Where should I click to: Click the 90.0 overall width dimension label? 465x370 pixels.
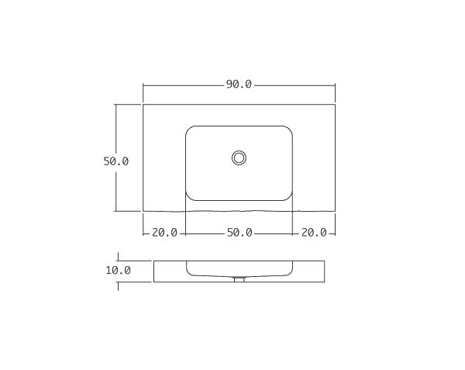239,85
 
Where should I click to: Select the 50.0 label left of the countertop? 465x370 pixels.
116,161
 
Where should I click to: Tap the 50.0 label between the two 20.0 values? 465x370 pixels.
239,232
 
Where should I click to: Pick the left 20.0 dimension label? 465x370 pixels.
164,232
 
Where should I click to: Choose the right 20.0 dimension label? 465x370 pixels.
314,232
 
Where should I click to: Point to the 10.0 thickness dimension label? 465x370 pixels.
118,271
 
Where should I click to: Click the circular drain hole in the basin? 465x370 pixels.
239,157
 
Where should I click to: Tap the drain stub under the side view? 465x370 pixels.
239,279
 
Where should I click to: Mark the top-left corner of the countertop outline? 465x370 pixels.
143,104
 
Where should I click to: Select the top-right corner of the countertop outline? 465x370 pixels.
335,104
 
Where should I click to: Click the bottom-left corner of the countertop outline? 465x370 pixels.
143,211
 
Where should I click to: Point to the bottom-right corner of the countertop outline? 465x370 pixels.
335,211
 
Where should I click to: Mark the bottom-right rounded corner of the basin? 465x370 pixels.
289,196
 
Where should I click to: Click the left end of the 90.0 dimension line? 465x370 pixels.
143,85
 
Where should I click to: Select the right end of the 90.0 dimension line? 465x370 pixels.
335,85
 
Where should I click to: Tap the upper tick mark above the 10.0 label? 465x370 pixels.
118,256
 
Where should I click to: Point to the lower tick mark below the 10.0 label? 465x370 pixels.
118,285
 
